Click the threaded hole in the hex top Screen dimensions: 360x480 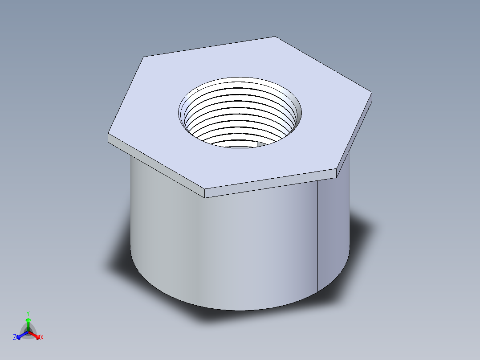240,114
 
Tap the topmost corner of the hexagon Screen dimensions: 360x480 275,37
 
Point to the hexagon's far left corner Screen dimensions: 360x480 108,134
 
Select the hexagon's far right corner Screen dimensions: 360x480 371,93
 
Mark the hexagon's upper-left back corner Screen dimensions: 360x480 143,57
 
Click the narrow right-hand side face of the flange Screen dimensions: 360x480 355,136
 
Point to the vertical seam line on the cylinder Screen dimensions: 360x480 317,236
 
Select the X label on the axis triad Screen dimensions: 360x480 42,338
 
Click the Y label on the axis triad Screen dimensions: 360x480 28,313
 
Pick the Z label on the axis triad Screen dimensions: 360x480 15,337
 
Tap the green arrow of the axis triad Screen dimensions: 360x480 28,323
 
